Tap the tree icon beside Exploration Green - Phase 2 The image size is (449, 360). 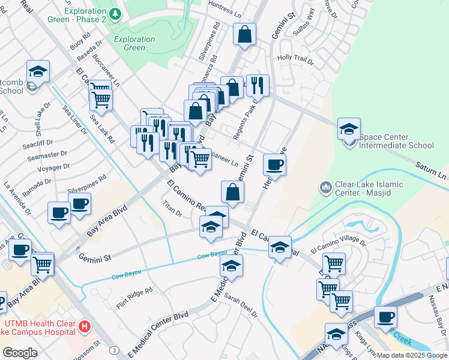[113, 13]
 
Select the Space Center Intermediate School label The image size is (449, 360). [396, 145]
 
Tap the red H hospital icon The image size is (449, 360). [85, 327]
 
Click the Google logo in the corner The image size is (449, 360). [20, 353]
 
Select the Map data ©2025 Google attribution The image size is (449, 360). [412, 355]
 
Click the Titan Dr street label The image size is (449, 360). [172, 209]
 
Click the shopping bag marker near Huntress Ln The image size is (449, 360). [245, 34]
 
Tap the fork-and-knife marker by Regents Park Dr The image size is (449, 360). [258, 85]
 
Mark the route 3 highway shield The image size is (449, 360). [113, 349]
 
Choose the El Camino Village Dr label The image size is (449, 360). [338, 245]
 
